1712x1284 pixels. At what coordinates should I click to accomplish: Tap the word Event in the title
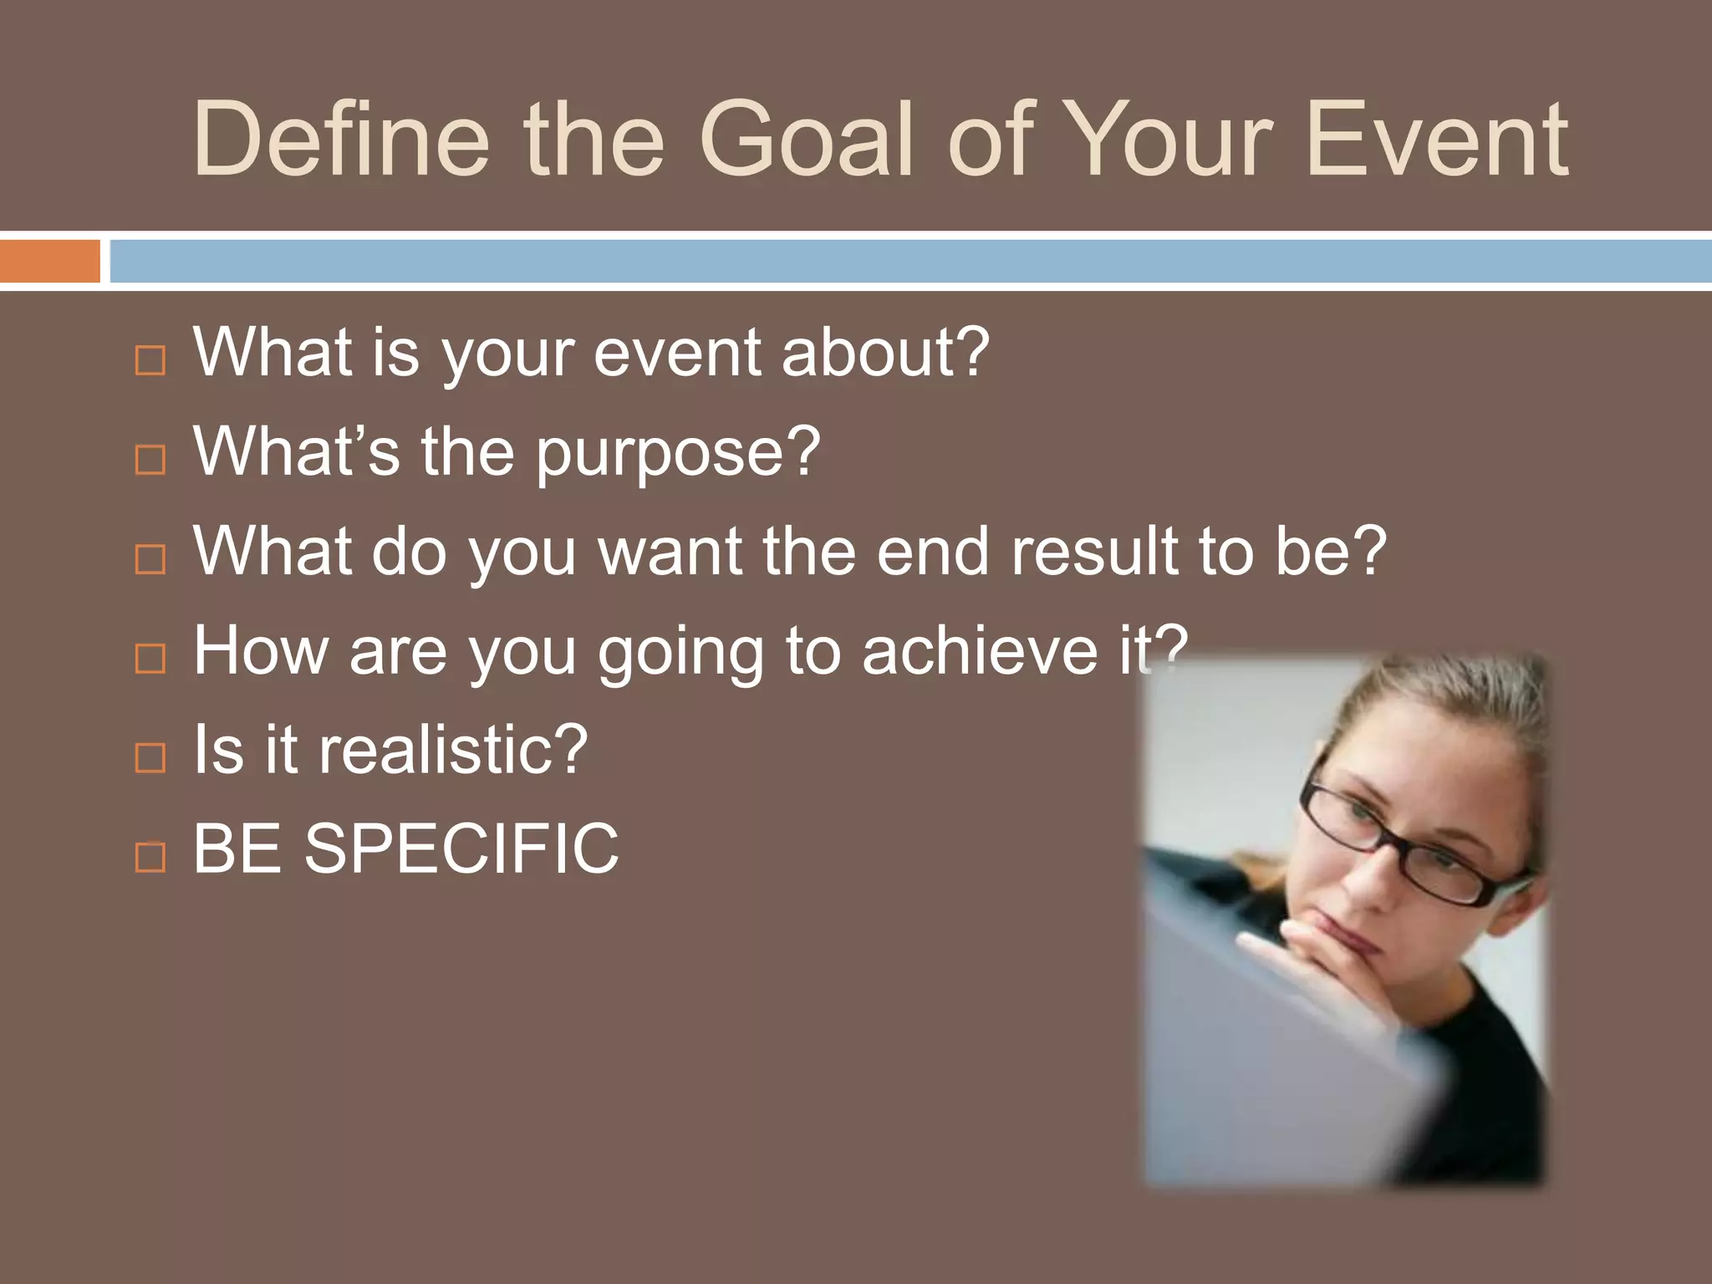[x=1435, y=140]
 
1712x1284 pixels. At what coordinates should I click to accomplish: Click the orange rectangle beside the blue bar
[x=49, y=261]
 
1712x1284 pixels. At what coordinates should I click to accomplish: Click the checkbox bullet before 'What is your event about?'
[x=150, y=360]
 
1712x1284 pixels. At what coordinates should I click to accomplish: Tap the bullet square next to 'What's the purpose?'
[x=150, y=459]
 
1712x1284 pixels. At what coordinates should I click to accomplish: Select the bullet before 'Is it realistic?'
[x=150, y=757]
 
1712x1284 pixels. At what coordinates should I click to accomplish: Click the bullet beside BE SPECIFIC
[x=150, y=856]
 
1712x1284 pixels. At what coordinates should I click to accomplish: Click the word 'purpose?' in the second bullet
[x=677, y=454]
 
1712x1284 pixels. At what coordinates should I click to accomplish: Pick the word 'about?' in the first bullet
[x=884, y=354]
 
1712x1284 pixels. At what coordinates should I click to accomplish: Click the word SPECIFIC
[x=461, y=849]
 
